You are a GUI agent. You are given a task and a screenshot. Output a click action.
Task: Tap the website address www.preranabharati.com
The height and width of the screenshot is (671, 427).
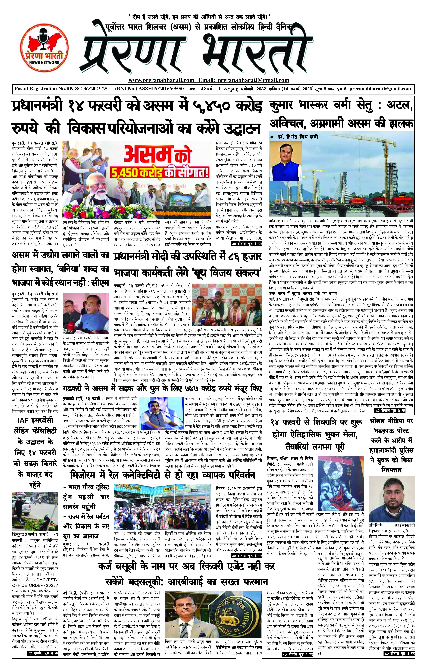pos(161,80)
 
